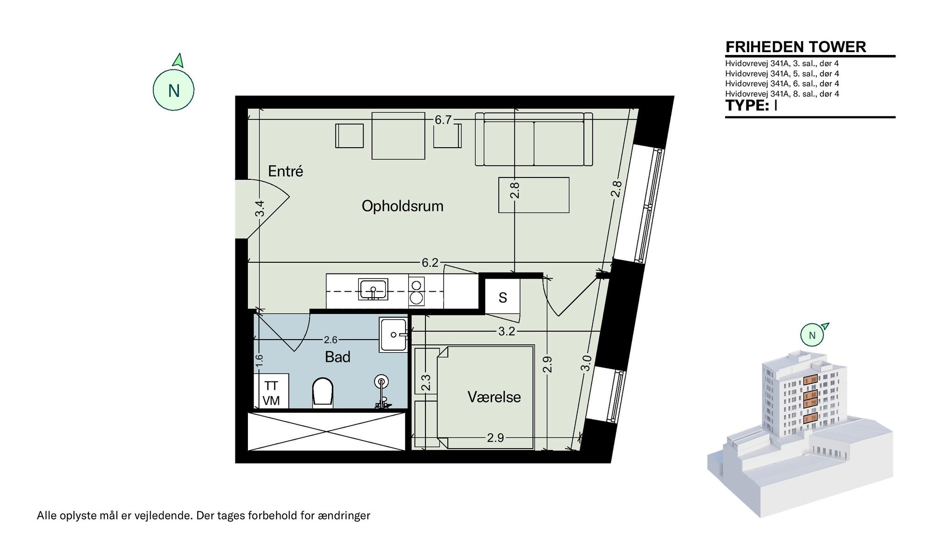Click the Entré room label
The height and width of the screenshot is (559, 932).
click(x=285, y=171)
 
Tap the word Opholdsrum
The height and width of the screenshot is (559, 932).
click(x=403, y=206)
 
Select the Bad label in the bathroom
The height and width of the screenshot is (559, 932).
click(x=337, y=357)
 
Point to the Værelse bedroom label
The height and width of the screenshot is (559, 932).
click(x=494, y=397)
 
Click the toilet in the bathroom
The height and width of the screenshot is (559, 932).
click(x=323, y=392)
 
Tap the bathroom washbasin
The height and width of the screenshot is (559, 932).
click(x=394, y=334)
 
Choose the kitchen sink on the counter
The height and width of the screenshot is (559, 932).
click(x=373, y=289)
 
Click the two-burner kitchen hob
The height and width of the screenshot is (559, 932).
click(x=417, y=290)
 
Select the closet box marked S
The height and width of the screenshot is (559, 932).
click(x=502, y=297)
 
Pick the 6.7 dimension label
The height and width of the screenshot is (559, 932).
click(x=443, y=120)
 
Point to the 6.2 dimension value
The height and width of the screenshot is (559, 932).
click(x=430, y=263)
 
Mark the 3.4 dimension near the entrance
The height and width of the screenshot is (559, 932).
click(x=260, y=208)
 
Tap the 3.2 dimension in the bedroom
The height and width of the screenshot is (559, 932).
click(x=507, y=331)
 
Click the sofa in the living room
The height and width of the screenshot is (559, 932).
click(x=534, y=139)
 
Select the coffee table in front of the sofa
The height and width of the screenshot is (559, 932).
click(x=534, y=195)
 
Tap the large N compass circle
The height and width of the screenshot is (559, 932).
click(x=173, y=90)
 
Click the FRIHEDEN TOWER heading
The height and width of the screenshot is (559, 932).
click(x=796, y=47)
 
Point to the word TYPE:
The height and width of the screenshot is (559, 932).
click(x=747, y=105)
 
